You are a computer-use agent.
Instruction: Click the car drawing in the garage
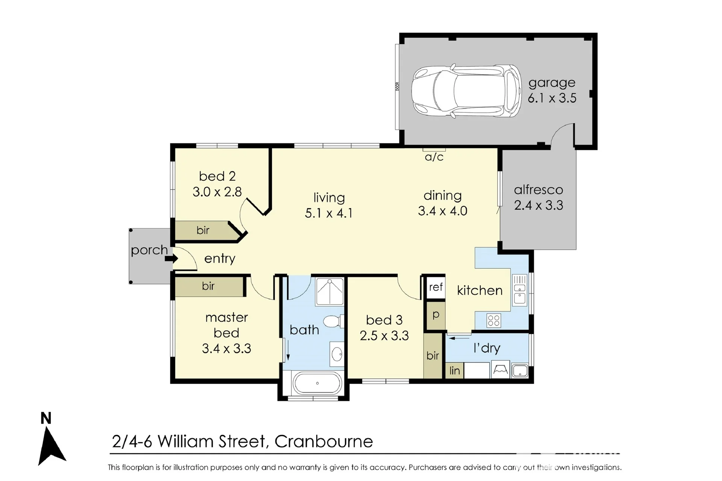coord(466,91)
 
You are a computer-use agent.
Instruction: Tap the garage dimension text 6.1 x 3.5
coord(552,98)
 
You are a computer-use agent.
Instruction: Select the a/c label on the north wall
coord(434,157)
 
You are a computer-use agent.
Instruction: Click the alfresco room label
coord(538,190)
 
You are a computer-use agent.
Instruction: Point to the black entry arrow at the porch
coord(171,259)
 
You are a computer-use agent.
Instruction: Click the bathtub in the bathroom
coord(318,383)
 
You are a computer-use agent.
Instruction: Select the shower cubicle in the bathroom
coord(329,291)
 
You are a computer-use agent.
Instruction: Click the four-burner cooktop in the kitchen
coord(493,321)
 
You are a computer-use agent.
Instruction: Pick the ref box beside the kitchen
coord(435,287)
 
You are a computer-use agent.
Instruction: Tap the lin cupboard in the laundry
coord(454,371)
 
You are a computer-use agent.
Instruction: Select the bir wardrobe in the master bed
coord(209,286)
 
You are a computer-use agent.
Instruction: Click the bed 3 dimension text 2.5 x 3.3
coord(384,336)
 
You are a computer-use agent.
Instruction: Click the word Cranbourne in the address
coord(324,442)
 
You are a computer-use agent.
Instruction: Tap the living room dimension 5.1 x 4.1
coord(329,213)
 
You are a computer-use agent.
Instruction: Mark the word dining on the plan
coord(443,196)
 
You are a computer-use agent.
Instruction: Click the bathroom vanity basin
coord(337,354)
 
